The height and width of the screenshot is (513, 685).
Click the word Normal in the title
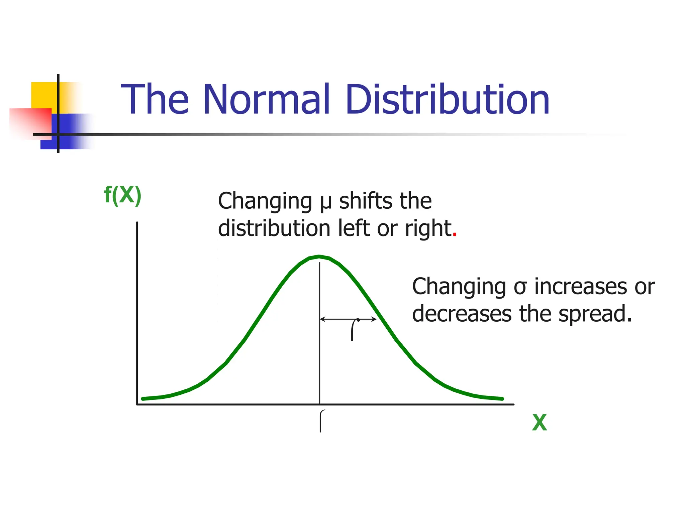(x=266, y=99)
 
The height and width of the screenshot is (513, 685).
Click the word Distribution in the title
(x=448, y=99)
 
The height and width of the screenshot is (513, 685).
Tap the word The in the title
(x=155, y=99)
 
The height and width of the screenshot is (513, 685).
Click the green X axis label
(x=539, y=423)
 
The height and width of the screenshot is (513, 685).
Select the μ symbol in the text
(x=325, y=202)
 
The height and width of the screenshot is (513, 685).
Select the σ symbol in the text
(x=520, y=287)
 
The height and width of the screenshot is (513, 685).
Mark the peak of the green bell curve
(x=319, y=256)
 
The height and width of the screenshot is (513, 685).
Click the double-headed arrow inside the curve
(x=348, y=319)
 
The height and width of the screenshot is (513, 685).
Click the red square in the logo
(x=30, y=122)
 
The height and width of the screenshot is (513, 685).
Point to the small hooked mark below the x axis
(x=321, y=421)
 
